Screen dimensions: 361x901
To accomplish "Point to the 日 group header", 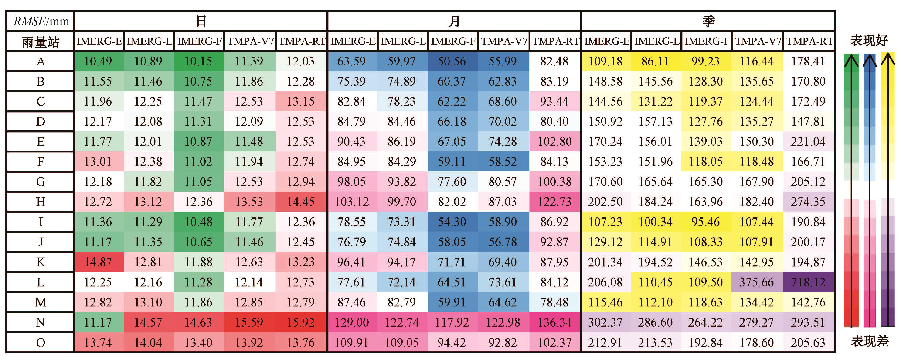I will tap(201, 21).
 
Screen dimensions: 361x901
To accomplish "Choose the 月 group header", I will tap(454, 21).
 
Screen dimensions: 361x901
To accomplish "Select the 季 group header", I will tap(708, 21).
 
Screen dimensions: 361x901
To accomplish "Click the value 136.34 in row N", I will tap(554, 322).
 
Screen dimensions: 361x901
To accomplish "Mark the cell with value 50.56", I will tap(452, 61).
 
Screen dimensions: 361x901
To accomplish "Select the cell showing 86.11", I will tap(655, 61).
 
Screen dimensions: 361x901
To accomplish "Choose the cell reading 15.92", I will tap(301, 322).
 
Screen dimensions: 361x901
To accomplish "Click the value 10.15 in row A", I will tap(198, 61).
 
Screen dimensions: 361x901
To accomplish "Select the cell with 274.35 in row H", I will tap(808, 202).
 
